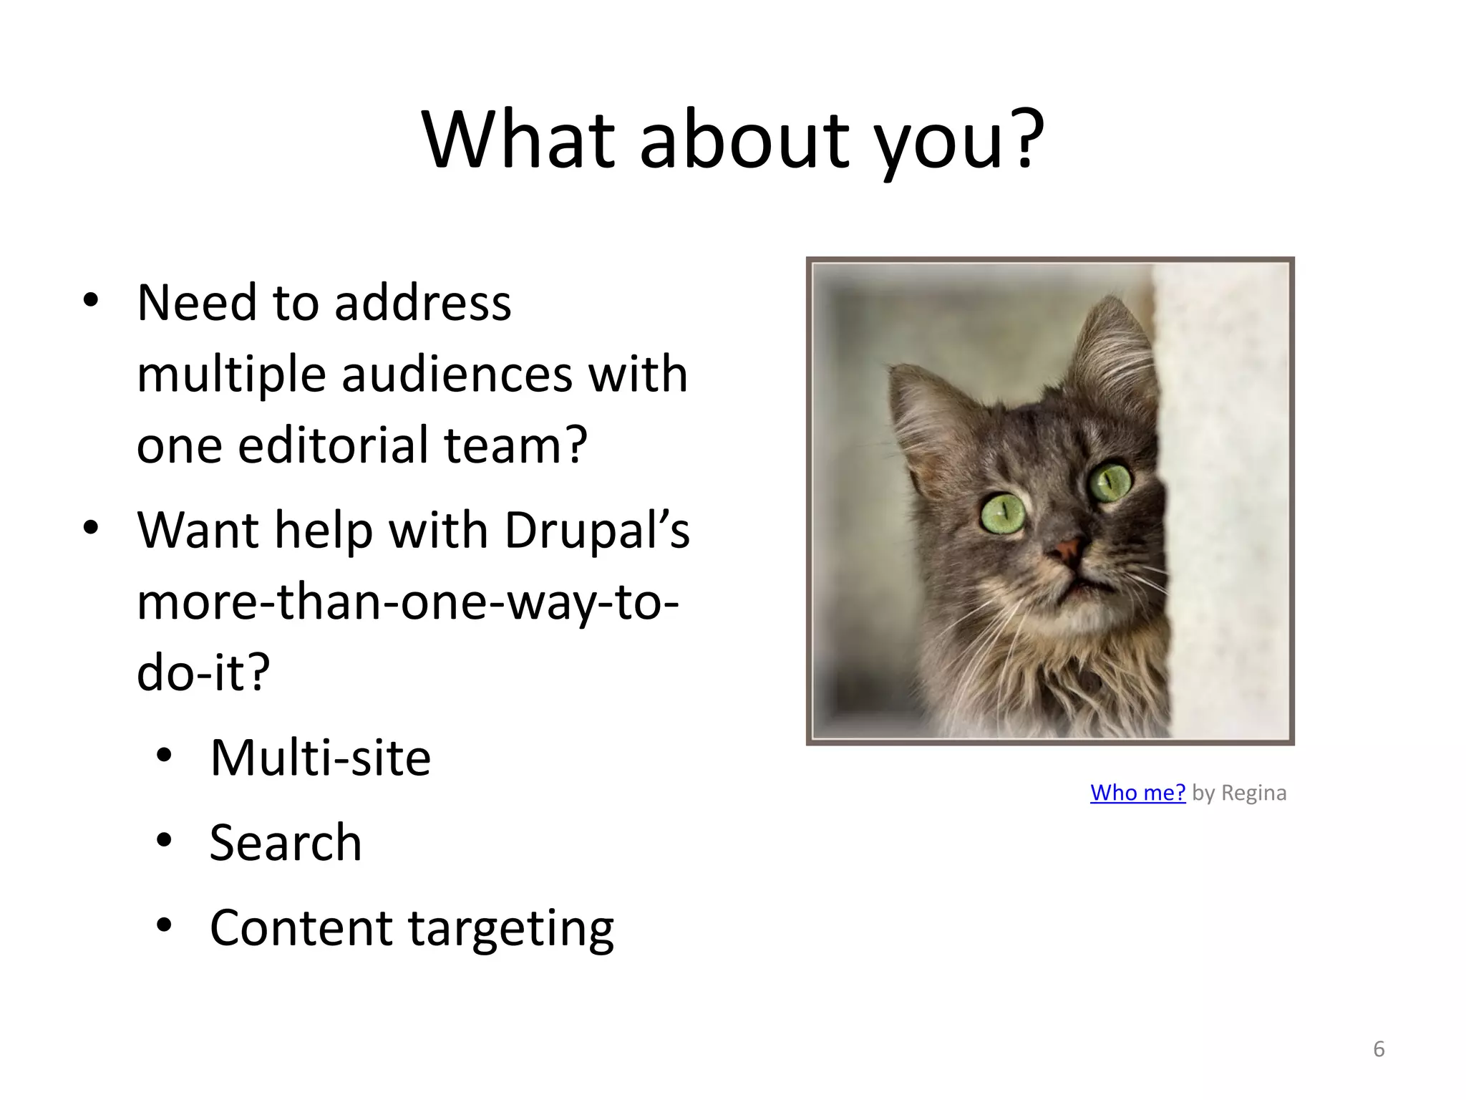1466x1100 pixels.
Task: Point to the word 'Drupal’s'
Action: [597, 531]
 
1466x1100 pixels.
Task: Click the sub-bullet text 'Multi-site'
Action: [320, 758]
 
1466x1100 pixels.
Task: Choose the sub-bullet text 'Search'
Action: [286, 843]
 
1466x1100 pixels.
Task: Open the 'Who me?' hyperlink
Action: [1137, 793]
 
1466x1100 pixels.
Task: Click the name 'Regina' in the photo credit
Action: [1253, 793]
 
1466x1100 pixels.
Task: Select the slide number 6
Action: [1379, 1049]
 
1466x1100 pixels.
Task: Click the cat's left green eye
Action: [1002, 513]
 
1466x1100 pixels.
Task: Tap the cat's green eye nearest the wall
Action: [1110, 481]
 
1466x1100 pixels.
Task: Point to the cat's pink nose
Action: [1067, 550]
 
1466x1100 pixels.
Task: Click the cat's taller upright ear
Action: [1110, 351]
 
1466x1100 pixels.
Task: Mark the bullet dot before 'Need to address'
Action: [90, 300]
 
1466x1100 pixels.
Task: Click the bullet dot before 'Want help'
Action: [90, 529]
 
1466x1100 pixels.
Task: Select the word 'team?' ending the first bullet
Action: [515, 446]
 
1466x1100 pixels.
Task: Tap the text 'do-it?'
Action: [203, 673]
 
